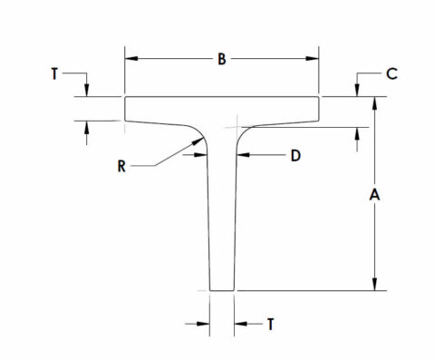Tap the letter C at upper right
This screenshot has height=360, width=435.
click(391, 74)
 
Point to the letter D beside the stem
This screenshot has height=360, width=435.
click(295, 156)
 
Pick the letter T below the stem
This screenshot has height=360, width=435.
click(270, 323)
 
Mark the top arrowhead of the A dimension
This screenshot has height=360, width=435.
click(372, 102)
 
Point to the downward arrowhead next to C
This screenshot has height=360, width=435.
click(359, 91)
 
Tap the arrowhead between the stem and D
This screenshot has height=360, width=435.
click(240, 156)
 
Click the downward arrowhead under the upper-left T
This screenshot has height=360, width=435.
click(87, 91)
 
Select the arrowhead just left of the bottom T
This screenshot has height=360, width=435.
click(206, 323)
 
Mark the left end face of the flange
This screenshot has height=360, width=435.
click(125, 108)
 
